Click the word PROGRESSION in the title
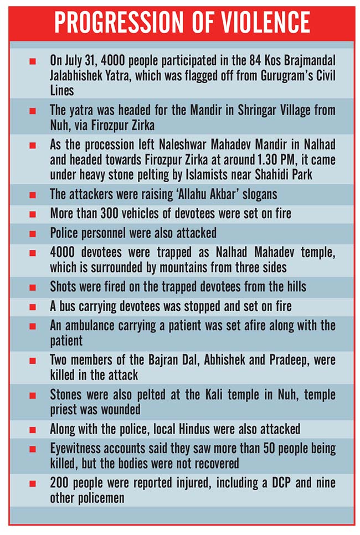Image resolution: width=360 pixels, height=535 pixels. pyautogui.click(x=116, y=23)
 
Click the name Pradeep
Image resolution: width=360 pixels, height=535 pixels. pyautogui.click(x=275, y=360)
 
